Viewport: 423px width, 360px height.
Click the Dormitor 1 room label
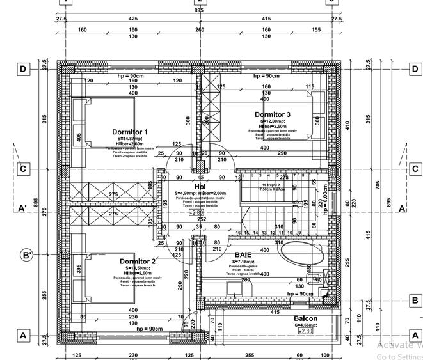[130, 132]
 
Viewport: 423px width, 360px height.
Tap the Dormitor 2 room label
[138, 262]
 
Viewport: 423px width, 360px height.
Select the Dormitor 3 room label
[272, 115]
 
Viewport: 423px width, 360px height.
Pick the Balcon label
[305, 318]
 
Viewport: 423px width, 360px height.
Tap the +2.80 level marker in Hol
[197, 212]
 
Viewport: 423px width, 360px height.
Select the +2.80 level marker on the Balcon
[305, 331]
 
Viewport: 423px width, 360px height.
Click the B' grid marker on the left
[27, 255]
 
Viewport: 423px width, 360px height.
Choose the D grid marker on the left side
[23, 69]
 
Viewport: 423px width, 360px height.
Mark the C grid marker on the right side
[415, 169]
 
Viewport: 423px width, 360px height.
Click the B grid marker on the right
[415, 301]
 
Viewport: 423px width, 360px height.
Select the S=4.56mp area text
[305, 325]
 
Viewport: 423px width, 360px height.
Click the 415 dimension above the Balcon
[275, 312]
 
